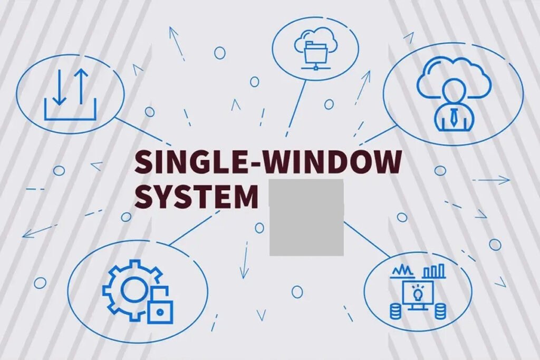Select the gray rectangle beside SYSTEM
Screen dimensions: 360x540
coord(306,217)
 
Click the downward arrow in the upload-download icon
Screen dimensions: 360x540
coord(60,87)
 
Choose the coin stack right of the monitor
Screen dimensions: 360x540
coord(440,312)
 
